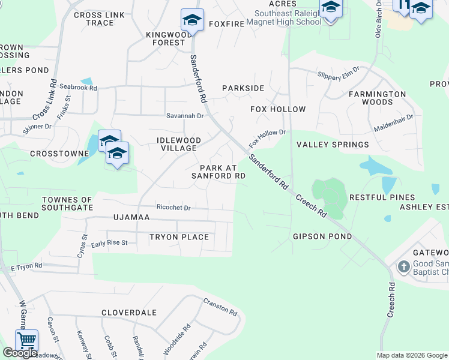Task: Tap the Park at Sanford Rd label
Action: tap(218, 172)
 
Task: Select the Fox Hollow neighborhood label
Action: tap(278, 109)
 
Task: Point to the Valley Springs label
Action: tap(333, 145)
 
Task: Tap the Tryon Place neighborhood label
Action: tap(179, 237)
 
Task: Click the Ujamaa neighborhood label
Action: tap(131, 217)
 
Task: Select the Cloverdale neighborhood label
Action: tap(129, 313)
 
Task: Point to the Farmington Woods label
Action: tap(378, 98)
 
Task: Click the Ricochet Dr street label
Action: tap(173, 208)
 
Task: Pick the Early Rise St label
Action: tap(109, 243)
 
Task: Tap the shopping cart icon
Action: tap(26, 340)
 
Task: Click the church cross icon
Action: tap(403, 266)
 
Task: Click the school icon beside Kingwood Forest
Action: tap(192, 20)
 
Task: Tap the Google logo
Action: tap(20, 353)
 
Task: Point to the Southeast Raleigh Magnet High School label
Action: tap(288, 17)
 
